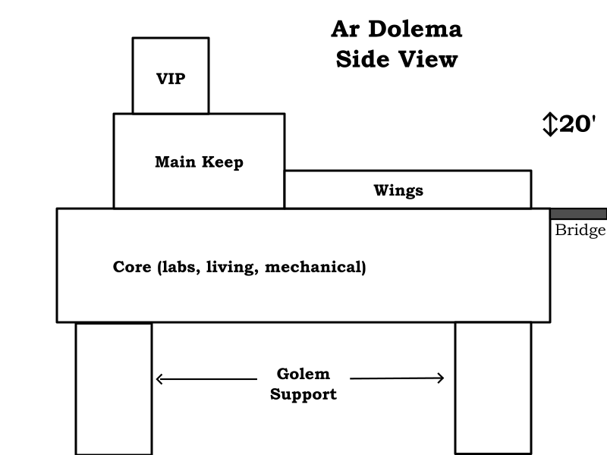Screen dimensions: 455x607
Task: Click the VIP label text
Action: click(171, 79)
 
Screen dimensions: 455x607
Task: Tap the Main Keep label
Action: click(199, 162)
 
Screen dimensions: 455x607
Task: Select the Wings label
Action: click(398, 190)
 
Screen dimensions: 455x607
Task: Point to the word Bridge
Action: click(580, 231)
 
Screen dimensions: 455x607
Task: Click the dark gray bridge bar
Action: click(578, 214)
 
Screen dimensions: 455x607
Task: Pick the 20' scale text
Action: click(578, 124)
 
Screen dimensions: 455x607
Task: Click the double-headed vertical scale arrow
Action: click(550, 124)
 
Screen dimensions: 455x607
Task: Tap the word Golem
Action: click(303, 374)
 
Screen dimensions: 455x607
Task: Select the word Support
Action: click(303, 394)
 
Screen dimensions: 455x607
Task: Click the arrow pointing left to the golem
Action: click(205, 379)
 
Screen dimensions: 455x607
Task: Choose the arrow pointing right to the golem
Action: click(397, 378)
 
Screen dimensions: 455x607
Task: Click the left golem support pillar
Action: click(114, 388)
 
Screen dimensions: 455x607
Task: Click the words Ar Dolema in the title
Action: click(396, 30)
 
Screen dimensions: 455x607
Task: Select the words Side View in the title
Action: click(396, 58)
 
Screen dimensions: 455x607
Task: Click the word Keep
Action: click(223, 163)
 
